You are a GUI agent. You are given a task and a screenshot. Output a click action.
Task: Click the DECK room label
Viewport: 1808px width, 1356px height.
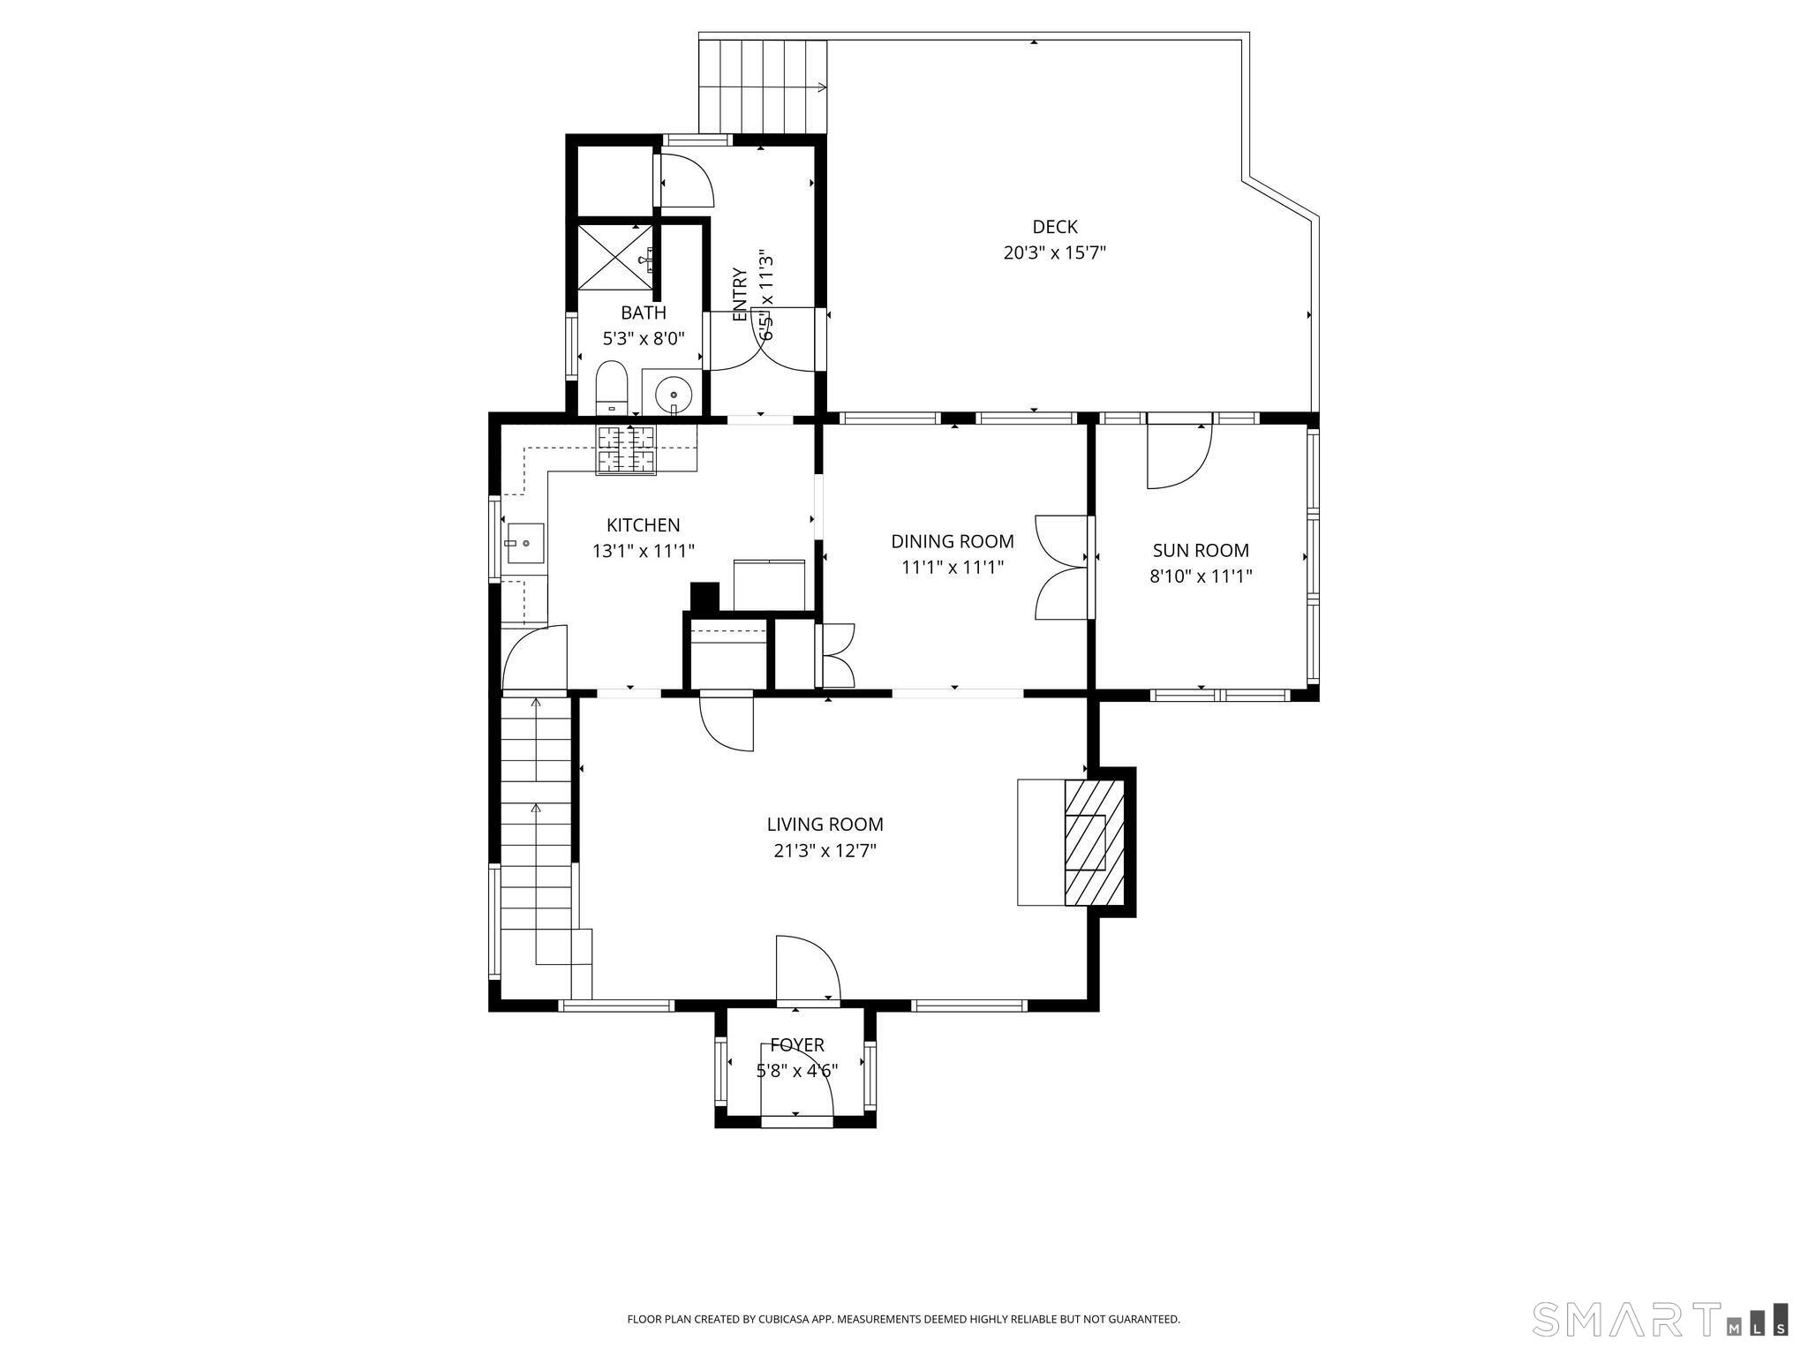coord(1055,227)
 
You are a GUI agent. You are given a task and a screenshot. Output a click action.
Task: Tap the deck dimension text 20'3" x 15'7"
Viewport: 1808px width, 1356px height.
coord(1055,253)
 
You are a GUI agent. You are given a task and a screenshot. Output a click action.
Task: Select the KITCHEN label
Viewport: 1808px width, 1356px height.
coord(644,525)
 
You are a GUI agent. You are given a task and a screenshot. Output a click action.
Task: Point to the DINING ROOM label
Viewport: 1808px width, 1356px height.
coord(953,541)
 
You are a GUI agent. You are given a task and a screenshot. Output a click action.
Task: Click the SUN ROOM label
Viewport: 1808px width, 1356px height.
coord(1201,551)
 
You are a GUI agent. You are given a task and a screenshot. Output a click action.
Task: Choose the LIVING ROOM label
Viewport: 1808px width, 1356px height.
coord(825,825)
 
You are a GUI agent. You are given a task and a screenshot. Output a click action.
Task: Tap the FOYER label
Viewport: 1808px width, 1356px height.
coord(797,1045)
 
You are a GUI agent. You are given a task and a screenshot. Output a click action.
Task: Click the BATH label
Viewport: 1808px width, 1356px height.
coord(644,313)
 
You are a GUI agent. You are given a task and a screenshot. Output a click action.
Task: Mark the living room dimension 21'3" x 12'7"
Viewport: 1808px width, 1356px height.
coord(825,851)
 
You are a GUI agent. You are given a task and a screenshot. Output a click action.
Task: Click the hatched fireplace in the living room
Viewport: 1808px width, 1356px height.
coord(1095,842)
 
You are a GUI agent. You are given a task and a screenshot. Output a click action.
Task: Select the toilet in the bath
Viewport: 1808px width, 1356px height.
coord(611,388)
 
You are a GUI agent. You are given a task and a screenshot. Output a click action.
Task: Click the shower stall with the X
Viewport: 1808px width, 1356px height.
coord(615,256)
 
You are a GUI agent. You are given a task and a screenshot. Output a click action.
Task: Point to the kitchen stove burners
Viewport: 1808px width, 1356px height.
coord(626,449)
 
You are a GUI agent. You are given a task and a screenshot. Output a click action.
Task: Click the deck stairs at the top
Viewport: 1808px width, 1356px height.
coord(763,87)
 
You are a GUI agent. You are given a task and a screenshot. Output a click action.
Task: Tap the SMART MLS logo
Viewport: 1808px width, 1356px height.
coord(1661,1319)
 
